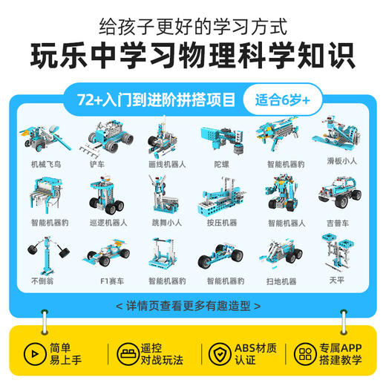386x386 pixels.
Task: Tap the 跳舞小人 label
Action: (x=166, y=221)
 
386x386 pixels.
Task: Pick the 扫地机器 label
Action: (x=281, y=281)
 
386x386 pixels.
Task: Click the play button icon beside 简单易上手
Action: (x=33, y=352)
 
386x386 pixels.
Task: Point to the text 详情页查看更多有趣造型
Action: (x=193, y=305)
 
